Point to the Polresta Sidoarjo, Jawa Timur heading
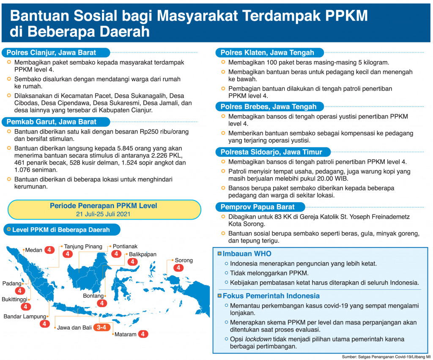271,152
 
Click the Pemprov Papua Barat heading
257,207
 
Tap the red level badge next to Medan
49,250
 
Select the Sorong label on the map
184,260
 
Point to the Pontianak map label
125,246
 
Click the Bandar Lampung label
25,316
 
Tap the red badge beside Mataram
144,334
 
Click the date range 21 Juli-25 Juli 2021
103,214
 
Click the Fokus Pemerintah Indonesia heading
271,296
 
